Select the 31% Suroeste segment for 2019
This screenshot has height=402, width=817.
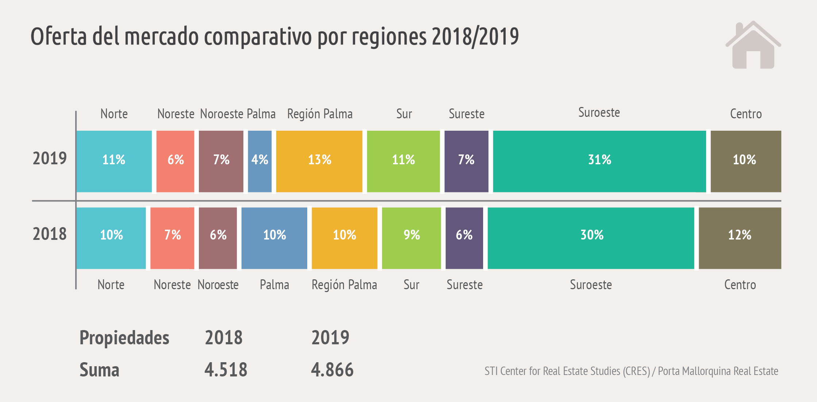coord(599,161)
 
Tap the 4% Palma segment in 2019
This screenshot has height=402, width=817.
coord(259,161)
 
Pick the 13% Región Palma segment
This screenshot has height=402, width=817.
coord(319,161)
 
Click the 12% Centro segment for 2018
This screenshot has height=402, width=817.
coord(740,238)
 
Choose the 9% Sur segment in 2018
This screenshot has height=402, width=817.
coord(411,238)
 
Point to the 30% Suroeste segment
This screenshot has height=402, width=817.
coord(591,238)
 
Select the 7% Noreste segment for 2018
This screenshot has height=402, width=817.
coord(172,238)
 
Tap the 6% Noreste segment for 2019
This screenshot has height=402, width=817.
coord(175,161)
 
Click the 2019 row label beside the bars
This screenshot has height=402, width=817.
coord(50,158)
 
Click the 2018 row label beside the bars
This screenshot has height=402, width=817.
coord(50,234)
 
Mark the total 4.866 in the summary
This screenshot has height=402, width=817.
coord(332,370)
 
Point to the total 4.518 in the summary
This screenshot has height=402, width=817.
coord(226,370)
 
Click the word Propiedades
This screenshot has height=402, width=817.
coord(124,338)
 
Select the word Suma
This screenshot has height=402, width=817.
coord(99,370)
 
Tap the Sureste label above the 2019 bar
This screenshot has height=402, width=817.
coord(466,114)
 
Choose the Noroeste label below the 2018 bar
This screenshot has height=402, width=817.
coord(218,285)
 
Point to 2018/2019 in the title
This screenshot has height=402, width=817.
coord(475,37)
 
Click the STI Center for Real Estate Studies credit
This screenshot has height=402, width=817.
coord(567,371)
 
